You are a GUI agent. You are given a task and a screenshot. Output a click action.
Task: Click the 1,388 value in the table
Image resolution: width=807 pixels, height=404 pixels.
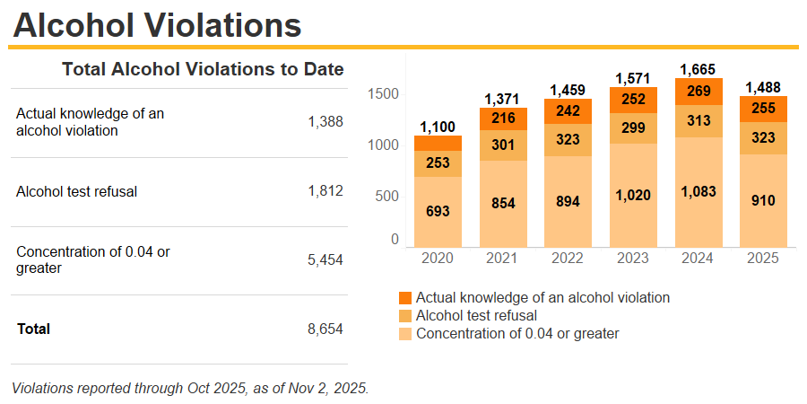[325, 122]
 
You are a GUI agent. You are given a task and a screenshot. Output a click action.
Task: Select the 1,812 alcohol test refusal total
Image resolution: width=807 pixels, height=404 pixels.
[325, 191]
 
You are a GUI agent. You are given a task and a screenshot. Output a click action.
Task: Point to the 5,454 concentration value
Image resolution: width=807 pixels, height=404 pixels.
[325, 259]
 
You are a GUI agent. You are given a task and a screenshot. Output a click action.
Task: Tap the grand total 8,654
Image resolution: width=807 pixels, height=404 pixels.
[325, 329]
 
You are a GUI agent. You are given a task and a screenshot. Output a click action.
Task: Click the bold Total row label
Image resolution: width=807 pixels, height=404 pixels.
[33, 329]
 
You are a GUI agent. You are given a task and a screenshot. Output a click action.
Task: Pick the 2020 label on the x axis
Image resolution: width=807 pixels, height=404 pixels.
[438, 258]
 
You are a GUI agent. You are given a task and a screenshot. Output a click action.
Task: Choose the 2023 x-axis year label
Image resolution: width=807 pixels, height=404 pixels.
[632, 258]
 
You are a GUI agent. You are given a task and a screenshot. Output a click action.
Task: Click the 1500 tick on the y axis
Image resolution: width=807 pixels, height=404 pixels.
[383, 95]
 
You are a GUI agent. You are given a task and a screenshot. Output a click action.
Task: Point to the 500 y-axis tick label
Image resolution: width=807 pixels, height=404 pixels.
[386, 195]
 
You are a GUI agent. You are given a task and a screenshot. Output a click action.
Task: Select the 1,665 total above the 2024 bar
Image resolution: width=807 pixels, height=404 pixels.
[698, 69]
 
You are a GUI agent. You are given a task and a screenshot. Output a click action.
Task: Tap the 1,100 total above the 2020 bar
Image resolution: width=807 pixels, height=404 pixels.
[438, 127]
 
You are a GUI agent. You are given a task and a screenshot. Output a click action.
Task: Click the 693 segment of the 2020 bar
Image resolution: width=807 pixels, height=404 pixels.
[438, 212]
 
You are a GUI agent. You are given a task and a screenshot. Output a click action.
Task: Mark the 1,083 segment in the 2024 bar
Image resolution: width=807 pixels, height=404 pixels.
[698, 192]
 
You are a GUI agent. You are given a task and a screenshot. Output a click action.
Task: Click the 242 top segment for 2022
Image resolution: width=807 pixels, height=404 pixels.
[568, 110]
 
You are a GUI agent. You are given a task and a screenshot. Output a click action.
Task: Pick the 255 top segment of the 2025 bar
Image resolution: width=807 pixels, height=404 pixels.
[762, 109]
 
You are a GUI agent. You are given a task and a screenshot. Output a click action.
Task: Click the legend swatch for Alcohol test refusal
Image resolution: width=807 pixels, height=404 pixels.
[405, 315]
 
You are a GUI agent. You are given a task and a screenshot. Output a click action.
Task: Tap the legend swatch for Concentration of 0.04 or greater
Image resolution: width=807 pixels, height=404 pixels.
[405, 334]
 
